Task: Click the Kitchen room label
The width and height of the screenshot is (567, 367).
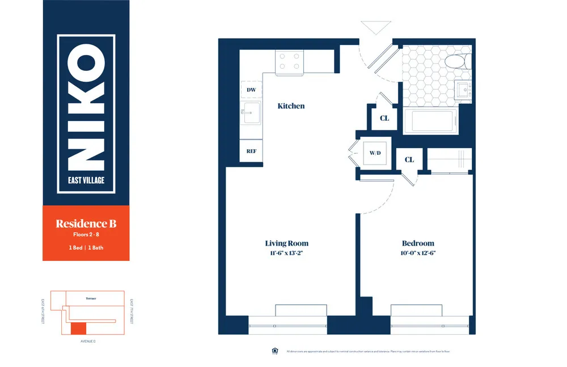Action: point(291,106)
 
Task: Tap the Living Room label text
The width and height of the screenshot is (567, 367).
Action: point(286,243)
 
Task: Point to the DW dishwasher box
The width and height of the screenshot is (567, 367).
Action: point(251,90)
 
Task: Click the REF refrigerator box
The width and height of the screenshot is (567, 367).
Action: point(251,151)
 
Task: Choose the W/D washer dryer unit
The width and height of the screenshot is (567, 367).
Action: point(375,153)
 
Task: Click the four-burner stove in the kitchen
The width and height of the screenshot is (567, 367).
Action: point(289,62)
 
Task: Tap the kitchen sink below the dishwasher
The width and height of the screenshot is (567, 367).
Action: point(250,113)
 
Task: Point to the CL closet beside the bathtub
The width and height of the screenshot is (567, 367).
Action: point(384,119)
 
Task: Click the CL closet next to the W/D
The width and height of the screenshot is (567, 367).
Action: point(409,160)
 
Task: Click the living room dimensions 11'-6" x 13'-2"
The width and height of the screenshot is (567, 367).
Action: point(286,254)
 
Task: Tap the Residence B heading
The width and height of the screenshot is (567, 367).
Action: point(86,223)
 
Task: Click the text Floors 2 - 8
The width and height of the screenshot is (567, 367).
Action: point(86,234)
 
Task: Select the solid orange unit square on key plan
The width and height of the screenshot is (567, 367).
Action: point(78,328)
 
